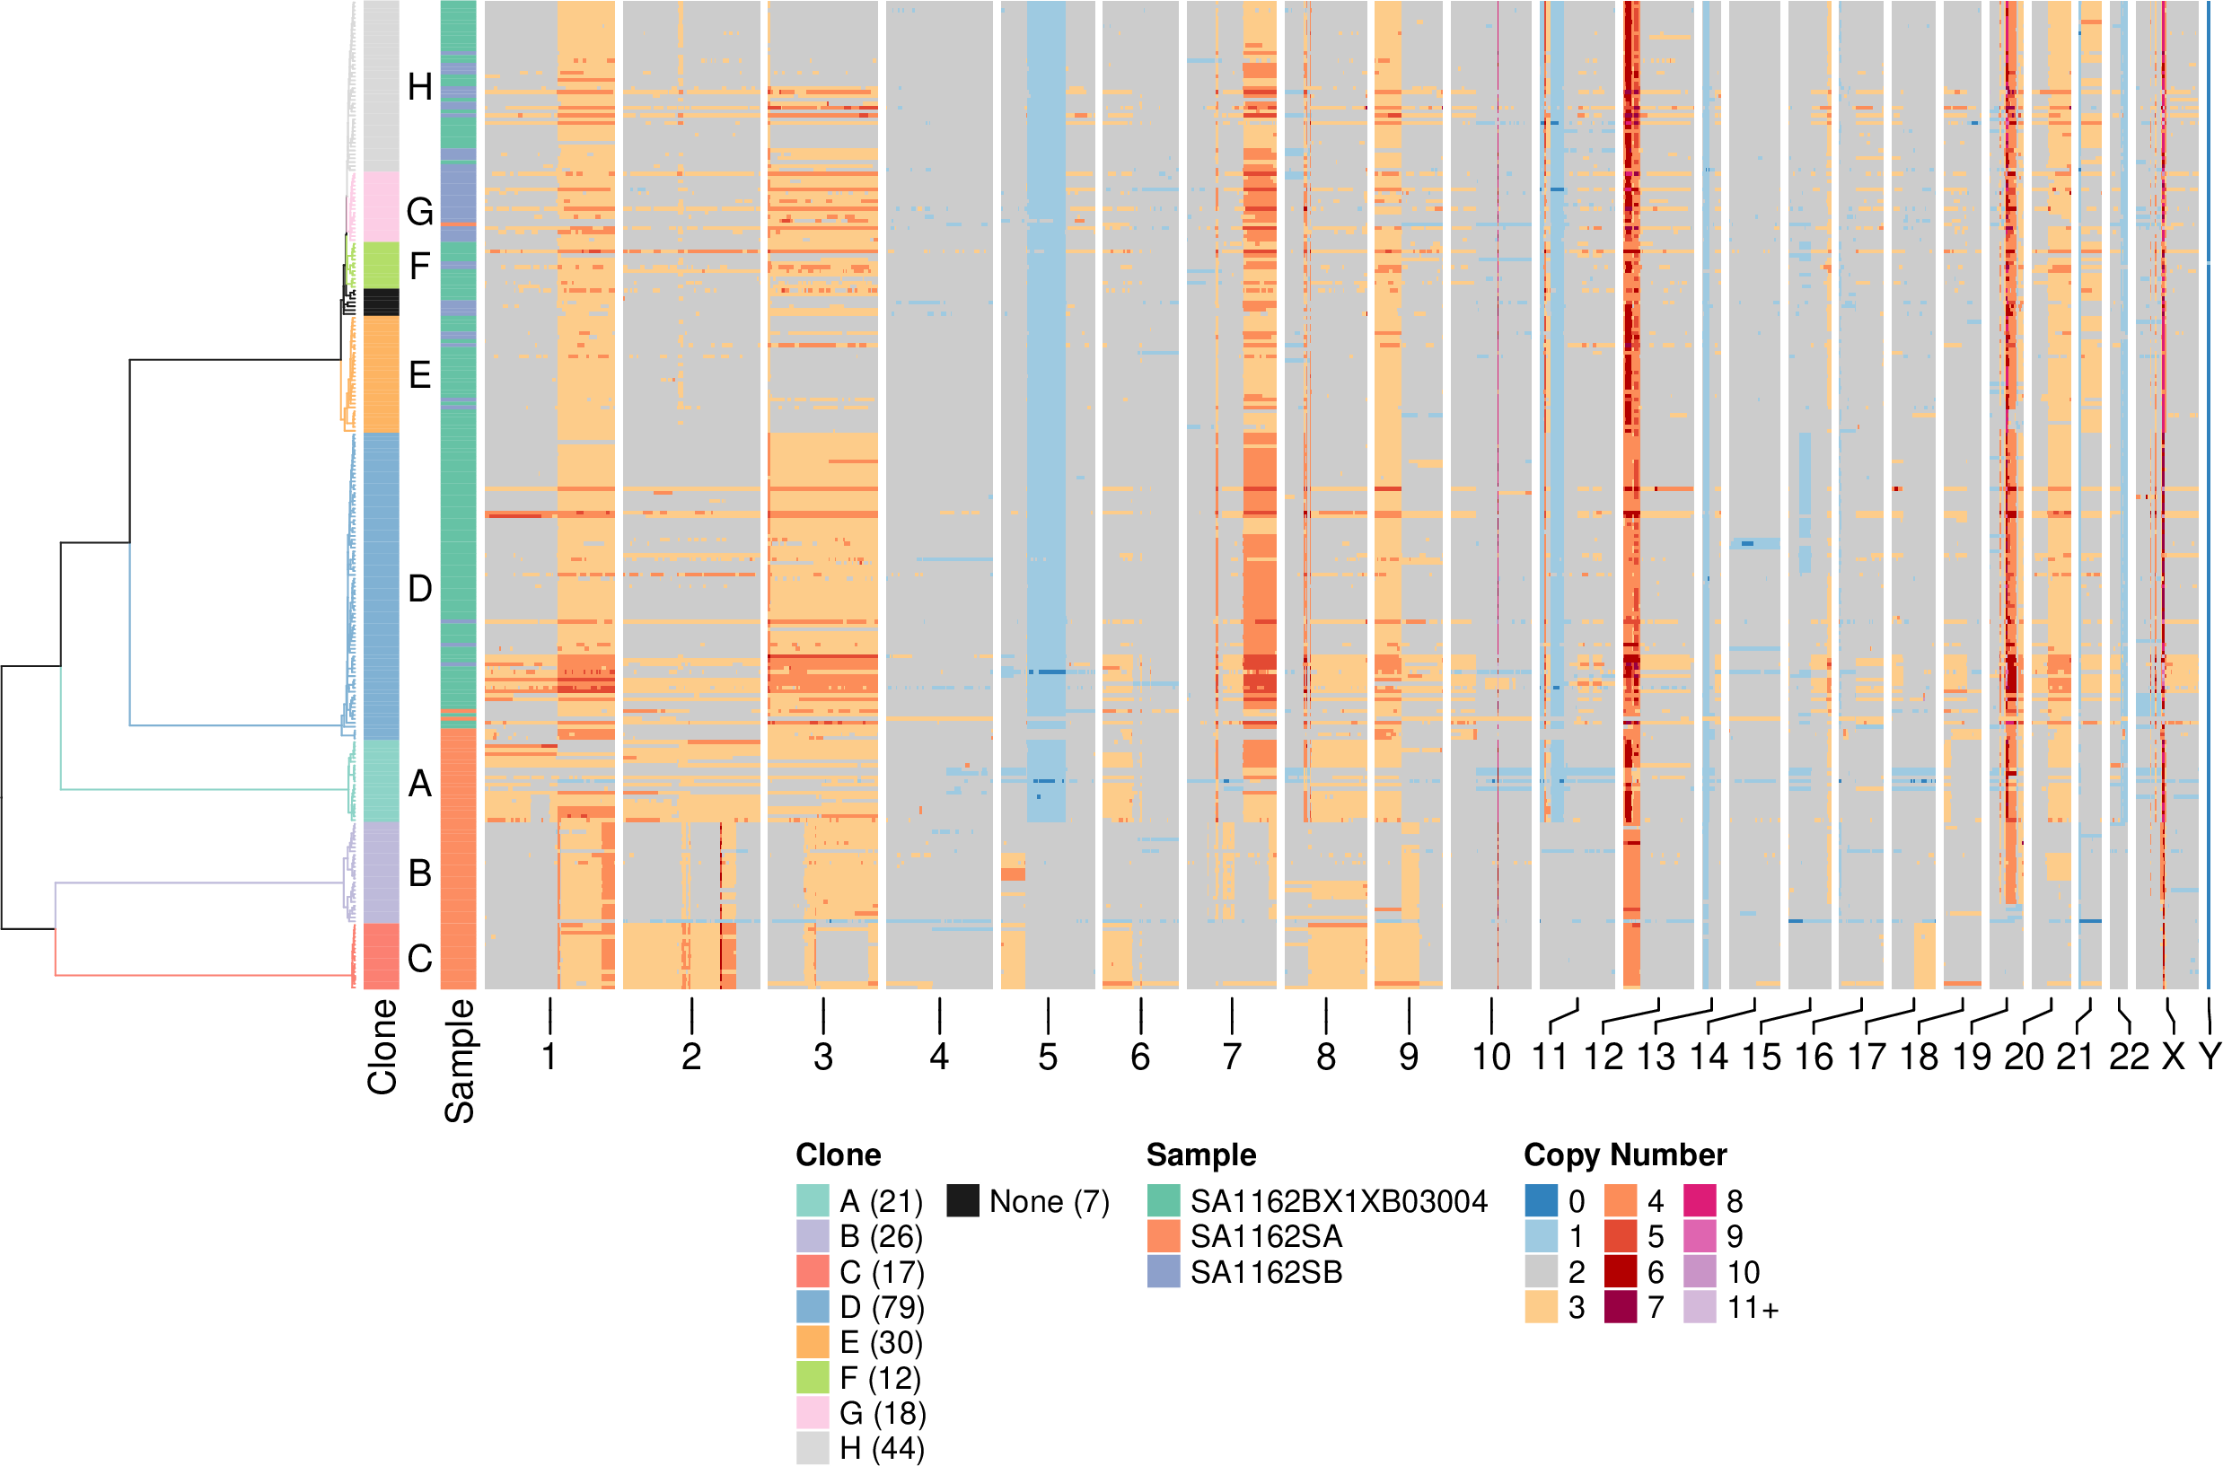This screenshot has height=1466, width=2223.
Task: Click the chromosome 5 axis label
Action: coord(1047,1058)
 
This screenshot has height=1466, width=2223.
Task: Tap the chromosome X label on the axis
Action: coord(2174,1058)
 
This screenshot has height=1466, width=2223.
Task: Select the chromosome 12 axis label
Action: coord(1603,1058)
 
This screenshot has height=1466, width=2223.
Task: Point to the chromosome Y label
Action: coord(2210,1058)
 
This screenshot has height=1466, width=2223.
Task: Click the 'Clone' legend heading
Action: coord(838,1155)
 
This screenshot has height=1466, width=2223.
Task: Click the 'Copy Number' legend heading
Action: coord(1625,1155)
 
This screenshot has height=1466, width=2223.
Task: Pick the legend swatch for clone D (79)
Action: coord(813,1307)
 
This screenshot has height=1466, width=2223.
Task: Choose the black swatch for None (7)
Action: coord(962,1201)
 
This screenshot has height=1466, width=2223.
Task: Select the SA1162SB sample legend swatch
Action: coord(1163,1272)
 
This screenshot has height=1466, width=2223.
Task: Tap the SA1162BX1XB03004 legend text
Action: coord(1339,1201)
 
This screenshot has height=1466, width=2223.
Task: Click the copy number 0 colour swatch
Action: coord(1541,1201)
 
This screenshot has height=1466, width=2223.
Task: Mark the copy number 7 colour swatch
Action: coord(1620,1307)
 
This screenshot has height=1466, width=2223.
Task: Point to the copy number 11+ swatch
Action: coord(1700,1307)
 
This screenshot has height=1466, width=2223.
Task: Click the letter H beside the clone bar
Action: coord(420,88)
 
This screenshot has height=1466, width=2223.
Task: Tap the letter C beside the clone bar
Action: coord(420,958)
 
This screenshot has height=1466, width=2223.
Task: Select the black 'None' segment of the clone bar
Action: coord(381,302)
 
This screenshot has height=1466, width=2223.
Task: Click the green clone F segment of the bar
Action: coord(381,266)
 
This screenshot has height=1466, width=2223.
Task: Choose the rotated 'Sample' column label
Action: coord(459,1060)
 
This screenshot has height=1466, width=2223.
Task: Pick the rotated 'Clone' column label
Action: coord(382,1047)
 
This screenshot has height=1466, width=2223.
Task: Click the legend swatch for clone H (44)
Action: coord(813,1448)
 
